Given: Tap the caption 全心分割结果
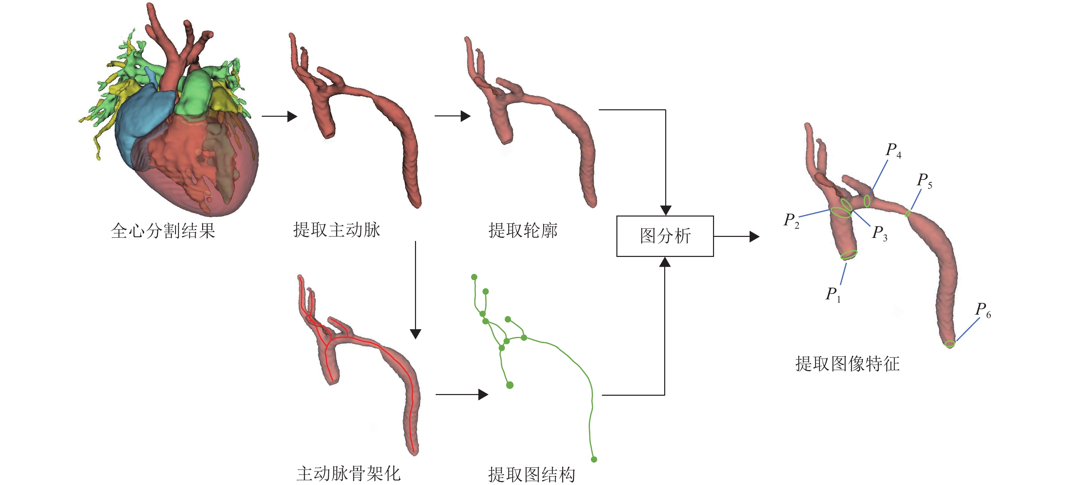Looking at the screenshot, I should click(x=163, y=231).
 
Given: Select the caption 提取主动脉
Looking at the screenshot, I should click(x=337, y=229).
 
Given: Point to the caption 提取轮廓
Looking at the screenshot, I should click(x=523, y=230).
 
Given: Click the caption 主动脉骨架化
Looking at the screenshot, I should click(x=348, y=473).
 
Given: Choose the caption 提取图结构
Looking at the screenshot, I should click(x=532, y=474).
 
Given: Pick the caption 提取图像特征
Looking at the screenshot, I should click(x=847, y=364).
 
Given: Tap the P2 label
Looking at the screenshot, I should click(x=791, y=220).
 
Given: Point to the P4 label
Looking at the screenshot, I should click(x=893, y=150).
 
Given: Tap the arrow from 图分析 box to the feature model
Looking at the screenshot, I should click(x=736, y=237).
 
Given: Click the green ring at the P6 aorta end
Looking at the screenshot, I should click(x=950, y=343).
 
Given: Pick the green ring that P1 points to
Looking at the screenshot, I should click(x=849, y=254).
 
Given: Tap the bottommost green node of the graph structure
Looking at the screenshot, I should click(x=594, y=459).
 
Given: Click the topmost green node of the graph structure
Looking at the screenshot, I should click(x=474, y=277).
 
